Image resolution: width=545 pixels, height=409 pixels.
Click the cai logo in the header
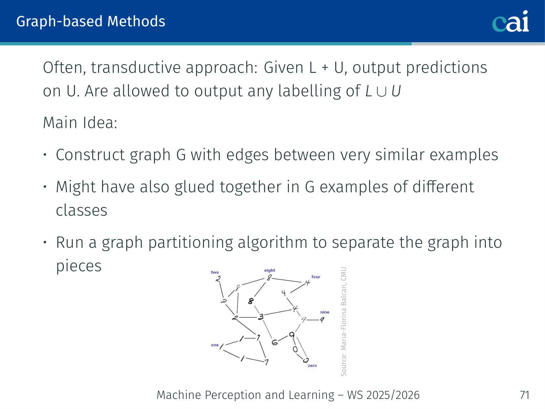pos(510,21)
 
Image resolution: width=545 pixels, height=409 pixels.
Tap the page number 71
pos(525,395)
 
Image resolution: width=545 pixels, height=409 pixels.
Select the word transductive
pos(136,67)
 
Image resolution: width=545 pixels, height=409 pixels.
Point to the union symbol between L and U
pos(381,91)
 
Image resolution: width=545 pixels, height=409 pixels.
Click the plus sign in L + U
pos(325,68)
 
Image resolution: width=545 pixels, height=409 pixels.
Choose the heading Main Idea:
pos(80,123)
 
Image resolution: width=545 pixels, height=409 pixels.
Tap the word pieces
pos(79,267)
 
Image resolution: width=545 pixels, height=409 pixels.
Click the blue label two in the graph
pos(215,272)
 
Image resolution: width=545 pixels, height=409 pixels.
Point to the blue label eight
pos(270,271)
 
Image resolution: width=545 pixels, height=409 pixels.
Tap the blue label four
pos(316,277)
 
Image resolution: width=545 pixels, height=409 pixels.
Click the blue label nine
pos(325,312)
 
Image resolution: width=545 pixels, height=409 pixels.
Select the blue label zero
pos(312,366)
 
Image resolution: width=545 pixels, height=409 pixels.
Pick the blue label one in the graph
pos(215,345)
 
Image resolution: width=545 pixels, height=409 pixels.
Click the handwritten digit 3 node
pos(261,317)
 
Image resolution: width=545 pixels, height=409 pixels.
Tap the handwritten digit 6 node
pos(275,342)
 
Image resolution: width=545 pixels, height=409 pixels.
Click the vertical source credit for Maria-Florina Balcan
pos(344,322)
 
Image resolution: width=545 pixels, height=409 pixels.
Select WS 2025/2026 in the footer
pos(383,395)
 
